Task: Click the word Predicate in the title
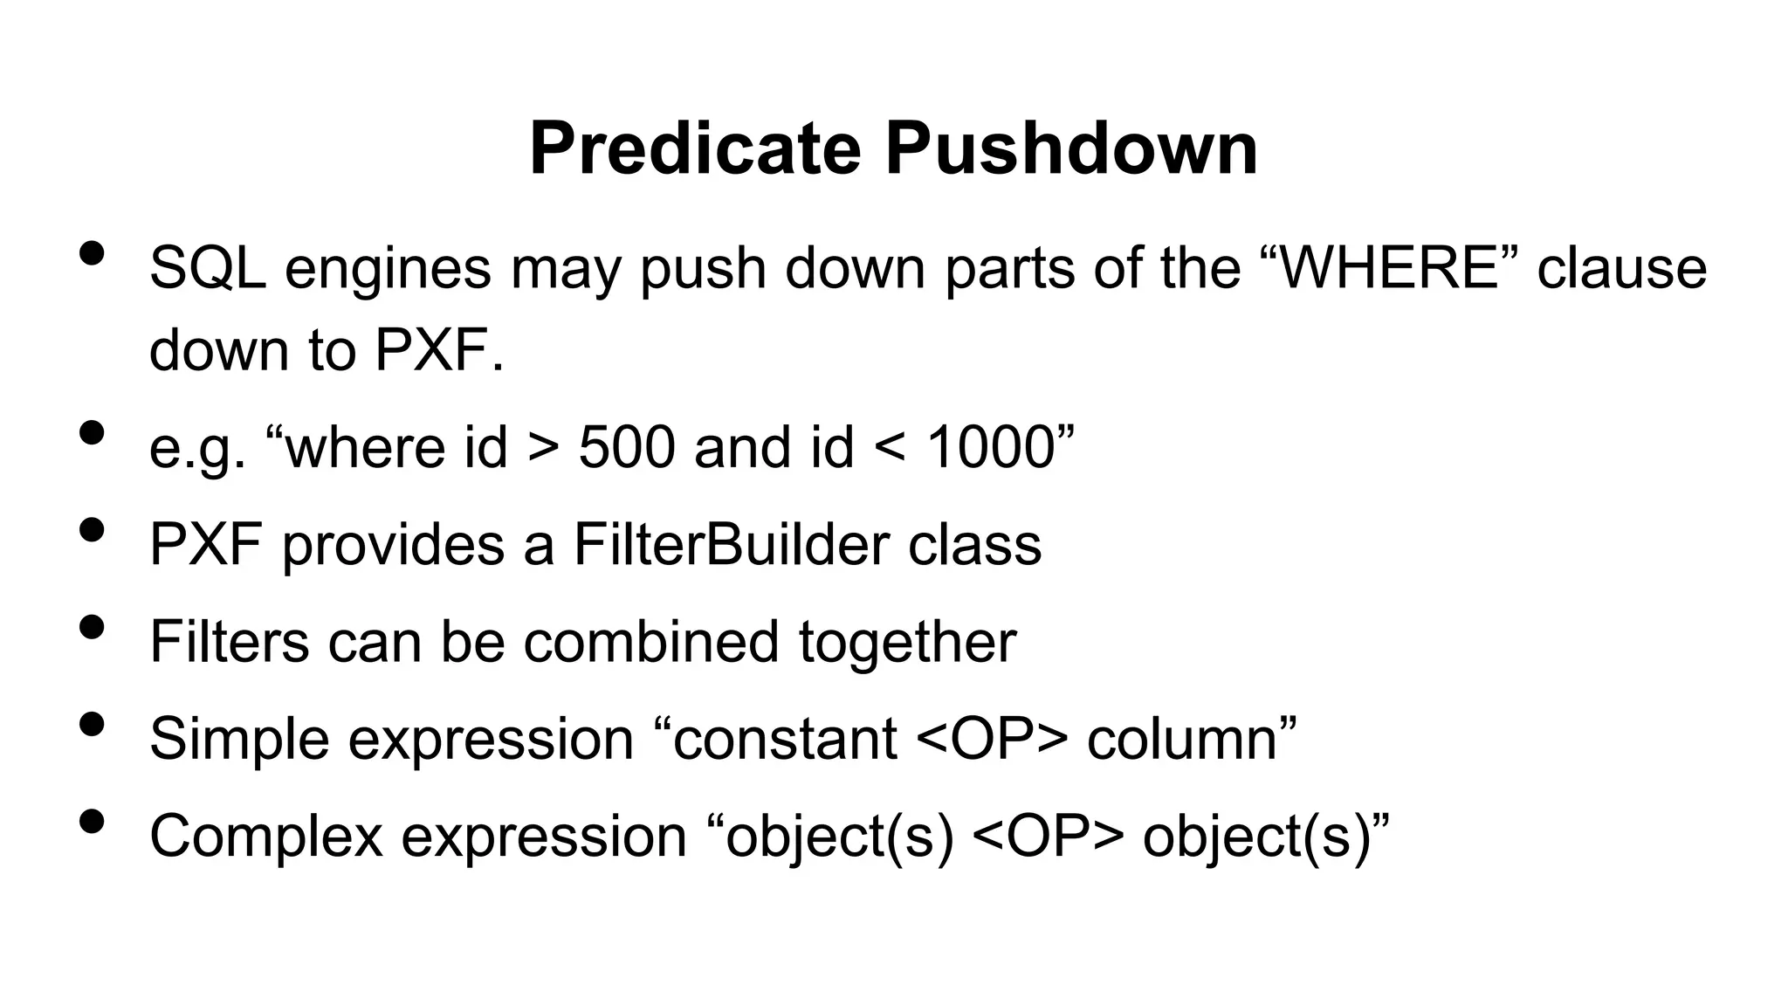[x=695, y=148]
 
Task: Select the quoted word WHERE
[x=1388, y=268]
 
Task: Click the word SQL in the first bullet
[x=207, y=268]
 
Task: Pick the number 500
[x=627, y=447]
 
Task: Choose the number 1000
[x=991, y=447]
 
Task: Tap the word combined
[x=650, y=642]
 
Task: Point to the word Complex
[x=266, y=837]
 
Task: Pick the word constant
[x=784, y=739]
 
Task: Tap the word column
[x=1182, y=739]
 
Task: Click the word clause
[x=1621, y=268]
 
